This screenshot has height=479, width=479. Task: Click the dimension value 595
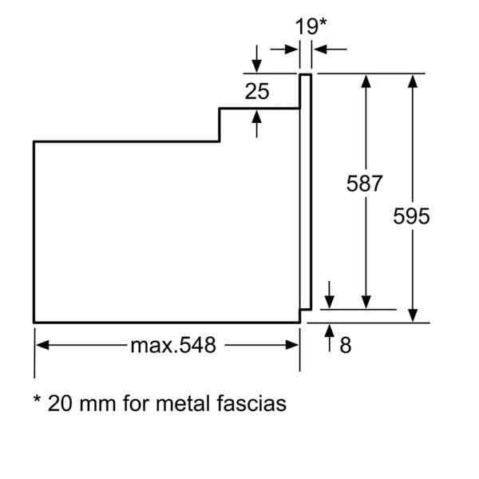[x=411, y=216]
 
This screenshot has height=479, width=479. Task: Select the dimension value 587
[x=365, y=183]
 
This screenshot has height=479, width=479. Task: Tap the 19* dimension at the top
[x=311, y=26]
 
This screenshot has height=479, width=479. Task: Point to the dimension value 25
[x=256, y=91]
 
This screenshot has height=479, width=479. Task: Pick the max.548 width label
[x=173, y=345]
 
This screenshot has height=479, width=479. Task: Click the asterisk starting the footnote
[x=38, y=399]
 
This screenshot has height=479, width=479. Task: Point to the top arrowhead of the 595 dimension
[x=412, y=81]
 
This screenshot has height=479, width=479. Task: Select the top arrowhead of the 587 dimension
[x=366, y=81]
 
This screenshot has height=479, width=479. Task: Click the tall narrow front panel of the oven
[x=304, y=192]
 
